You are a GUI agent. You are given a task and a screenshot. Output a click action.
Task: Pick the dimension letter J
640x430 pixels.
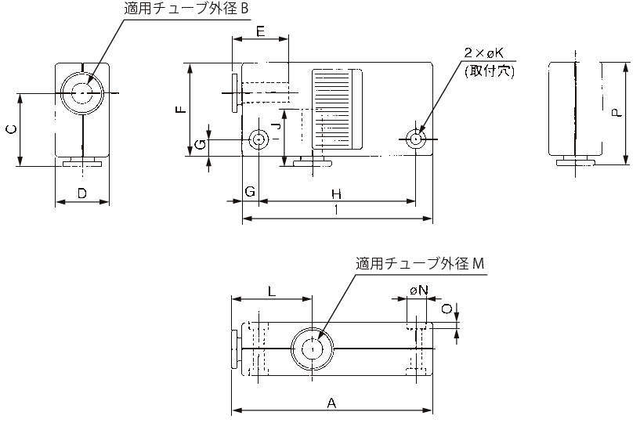(273, 125)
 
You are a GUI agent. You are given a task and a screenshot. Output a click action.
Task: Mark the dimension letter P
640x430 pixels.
(617, 113)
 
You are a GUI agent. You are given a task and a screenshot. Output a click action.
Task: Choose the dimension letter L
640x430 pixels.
(272, 291)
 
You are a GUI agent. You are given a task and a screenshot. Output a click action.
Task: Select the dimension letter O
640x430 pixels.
(446, 309)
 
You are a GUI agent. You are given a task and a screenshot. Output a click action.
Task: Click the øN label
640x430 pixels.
(419, 290)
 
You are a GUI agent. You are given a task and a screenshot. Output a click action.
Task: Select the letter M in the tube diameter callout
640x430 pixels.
(479, 264)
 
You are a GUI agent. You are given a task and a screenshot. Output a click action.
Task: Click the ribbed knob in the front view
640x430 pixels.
(338, 109)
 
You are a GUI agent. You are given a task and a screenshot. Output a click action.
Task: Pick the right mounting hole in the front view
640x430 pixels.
(416, 139)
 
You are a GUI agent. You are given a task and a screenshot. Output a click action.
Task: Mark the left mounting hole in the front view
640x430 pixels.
(259, 140)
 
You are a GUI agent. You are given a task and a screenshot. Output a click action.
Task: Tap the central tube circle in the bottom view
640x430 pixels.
(313, 349)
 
